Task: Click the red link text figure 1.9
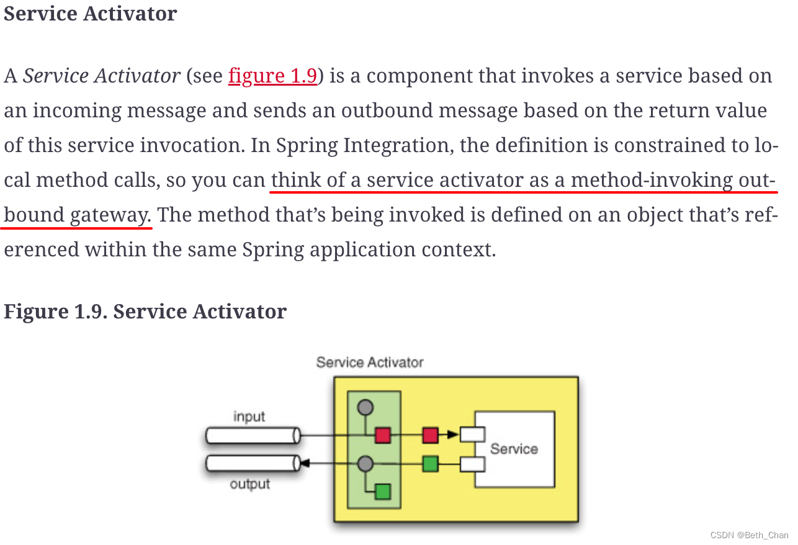pos(273,76)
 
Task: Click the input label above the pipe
pos(249,417)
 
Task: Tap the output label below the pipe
pos(250,484)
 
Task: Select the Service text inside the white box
pos(514,449)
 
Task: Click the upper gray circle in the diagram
pos(365,408)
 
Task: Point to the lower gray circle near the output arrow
pos(365,464)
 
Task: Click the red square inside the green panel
pos(383,435)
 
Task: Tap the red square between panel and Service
pos(430,435)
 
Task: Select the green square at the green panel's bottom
pos(383,492)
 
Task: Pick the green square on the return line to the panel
pos(430,464)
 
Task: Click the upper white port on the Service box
pos(472,435)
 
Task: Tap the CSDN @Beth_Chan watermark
pos(749,535)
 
